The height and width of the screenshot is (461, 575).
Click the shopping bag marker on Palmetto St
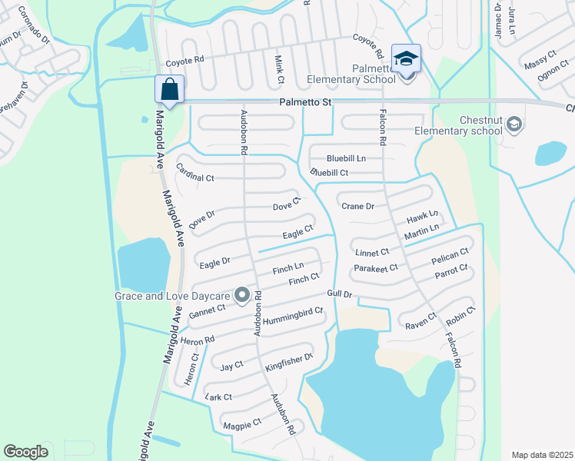(169, 89)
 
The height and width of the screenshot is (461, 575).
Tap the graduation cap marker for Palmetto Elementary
(406, 58)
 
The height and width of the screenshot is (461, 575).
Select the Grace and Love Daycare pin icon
(242, 295)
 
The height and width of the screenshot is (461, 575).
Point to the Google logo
(25, 452)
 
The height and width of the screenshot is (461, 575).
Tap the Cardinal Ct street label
(194, 173)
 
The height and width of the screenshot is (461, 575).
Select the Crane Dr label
(357, 206)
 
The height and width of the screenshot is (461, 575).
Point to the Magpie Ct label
(241, 423)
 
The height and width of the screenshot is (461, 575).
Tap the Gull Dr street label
(338, 294)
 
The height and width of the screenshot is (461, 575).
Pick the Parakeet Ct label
(376, 268)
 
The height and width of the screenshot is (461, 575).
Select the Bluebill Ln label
(346, 158)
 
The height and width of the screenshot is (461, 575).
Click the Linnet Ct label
(372, 251)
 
